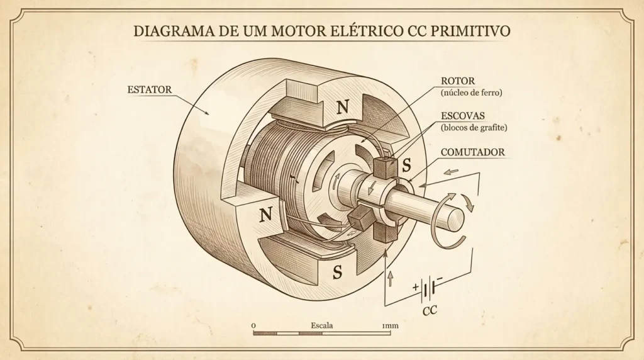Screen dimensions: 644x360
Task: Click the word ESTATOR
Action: pyautogui.click(x=150, y=89)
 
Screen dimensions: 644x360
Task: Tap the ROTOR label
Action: pyautogui.click(x=458, y=81)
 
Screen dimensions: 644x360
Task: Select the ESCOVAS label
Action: pyautogui.click(x=462, y=116)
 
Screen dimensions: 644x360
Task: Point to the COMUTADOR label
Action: pyautogui.click(x=473, y=152)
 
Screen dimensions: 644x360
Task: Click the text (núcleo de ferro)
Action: pyautogui.click(x=472, y=93)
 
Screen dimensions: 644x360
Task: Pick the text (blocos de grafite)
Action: pyautogui.click(x=474, y=128)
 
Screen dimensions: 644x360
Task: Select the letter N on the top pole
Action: pyautogui.click(x=343, y=108)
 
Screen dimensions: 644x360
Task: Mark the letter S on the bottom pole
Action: pyautogui.click(x=338, y=272)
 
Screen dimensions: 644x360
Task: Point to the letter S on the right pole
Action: pyautogui.click(x=406, y=165)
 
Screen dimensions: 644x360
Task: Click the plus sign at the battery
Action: pyautogui.click(x=415, y=286)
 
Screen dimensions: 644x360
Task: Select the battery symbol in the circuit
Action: pyautogui.click(x=428, y=289)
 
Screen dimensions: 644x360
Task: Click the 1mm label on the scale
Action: pyautogui.click(x=390, y=325)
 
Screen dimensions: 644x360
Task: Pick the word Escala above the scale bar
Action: pyautogui.click(x=322, y=325)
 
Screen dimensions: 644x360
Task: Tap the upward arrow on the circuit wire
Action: pyautogui.click(x=390, y=279)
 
